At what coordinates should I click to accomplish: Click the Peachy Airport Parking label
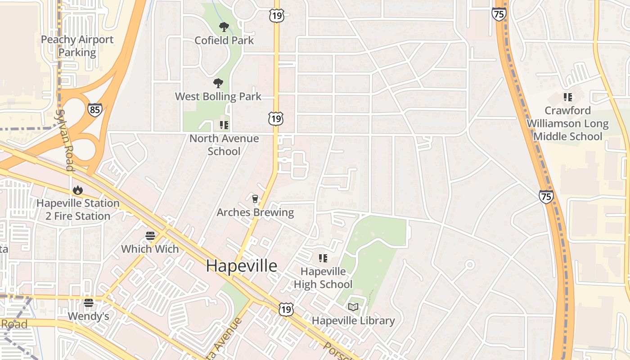tap(77, 46)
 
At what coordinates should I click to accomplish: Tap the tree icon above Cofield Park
tap(224, 27)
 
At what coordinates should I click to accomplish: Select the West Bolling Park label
tap(218, 96)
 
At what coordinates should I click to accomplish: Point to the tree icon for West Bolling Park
tap(218, 83)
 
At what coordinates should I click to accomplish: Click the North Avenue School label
tap(224, 145)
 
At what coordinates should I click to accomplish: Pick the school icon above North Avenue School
tap(224, 125)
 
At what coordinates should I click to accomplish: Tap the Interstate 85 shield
tap(94, 110)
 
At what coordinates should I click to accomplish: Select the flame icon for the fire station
tap(78, 190)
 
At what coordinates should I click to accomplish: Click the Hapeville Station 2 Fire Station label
tap(78, 210)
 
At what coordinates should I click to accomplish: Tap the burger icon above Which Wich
tap(150, 236)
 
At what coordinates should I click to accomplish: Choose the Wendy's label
tap(89, 316)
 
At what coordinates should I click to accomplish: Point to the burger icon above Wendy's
tap(89, 303)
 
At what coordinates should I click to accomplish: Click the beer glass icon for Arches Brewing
tap(255, 199)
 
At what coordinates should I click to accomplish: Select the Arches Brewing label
tap(255, 212)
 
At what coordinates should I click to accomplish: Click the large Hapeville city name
tap(242, 266)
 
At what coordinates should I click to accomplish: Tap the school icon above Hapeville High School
tap(323, 258)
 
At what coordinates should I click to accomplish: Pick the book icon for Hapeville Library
tap(353, 307)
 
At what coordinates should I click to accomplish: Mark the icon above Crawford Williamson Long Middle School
tap(567, 97)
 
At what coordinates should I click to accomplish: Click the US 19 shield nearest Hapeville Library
tap(286, 309)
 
